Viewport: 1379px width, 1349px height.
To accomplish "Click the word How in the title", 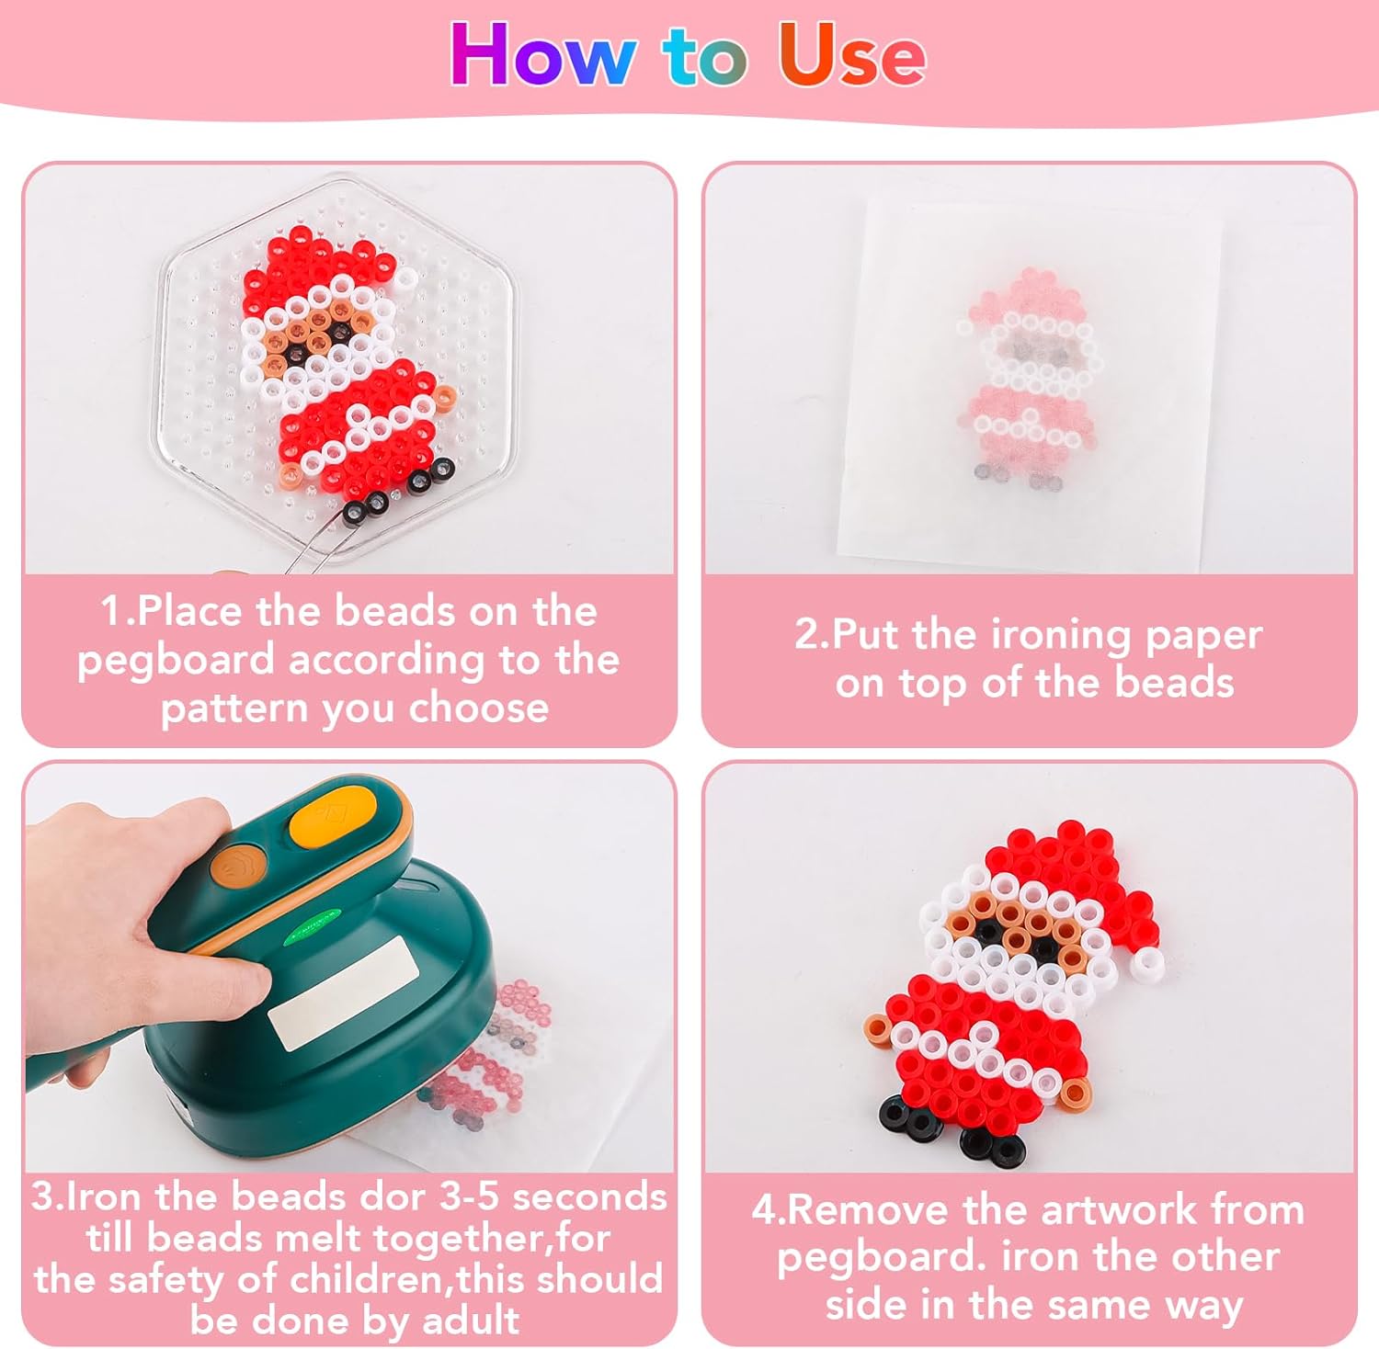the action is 542,54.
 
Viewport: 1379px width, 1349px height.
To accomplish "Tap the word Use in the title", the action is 851,54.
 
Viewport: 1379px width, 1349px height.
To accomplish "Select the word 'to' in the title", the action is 705,58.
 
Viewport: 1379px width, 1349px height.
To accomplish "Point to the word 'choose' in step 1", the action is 478,708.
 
